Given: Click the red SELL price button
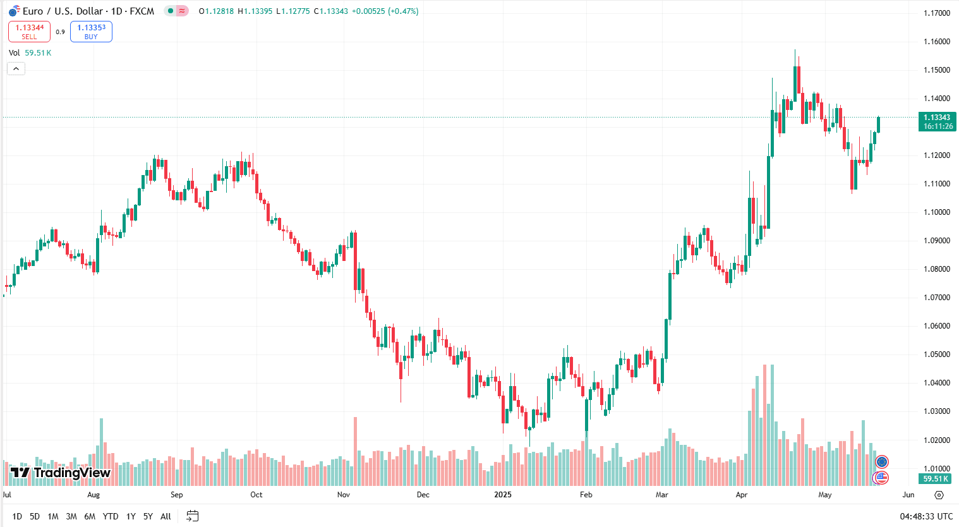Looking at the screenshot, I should click(29, 32).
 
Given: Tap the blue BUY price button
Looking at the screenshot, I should click(91, 32).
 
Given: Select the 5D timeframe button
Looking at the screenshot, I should click(35, 516).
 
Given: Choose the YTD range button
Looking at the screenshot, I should click(111, 516).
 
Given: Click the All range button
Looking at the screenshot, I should click(166, 516).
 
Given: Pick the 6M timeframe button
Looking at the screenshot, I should click(90, 516).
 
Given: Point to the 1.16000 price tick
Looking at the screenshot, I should click(936, 42).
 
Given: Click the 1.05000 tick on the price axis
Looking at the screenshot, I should click(936, 354).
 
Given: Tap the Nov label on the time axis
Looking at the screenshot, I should click(343, 495).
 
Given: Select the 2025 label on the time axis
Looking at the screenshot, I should click(503, 495).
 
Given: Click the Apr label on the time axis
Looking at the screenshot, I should click(742, 495).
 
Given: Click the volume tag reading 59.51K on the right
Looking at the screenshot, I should click(936, 479).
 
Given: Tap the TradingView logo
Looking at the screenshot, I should click(61, 473).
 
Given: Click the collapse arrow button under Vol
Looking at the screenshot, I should click(16, 68).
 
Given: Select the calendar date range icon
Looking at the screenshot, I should click(193, 516).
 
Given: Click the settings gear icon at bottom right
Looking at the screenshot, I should click(939, 495).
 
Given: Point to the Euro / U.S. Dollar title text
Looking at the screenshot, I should click(88, 11).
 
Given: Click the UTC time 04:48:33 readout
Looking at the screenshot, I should click(926, 516).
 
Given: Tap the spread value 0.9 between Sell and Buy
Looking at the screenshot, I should click(60, 32).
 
